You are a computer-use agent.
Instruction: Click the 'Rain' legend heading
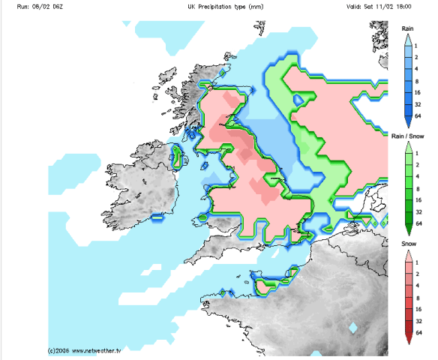pyautogui.click(x=408, y=28)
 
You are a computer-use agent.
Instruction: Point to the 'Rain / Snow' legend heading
pyautogui.click(x=408, y=136)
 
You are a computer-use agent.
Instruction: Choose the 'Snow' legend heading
pyautogui.click(x=408, y=244)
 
